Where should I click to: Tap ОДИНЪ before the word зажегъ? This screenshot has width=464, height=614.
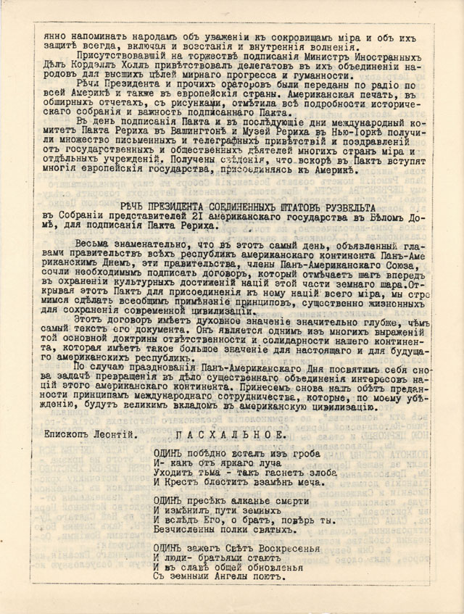170,547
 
